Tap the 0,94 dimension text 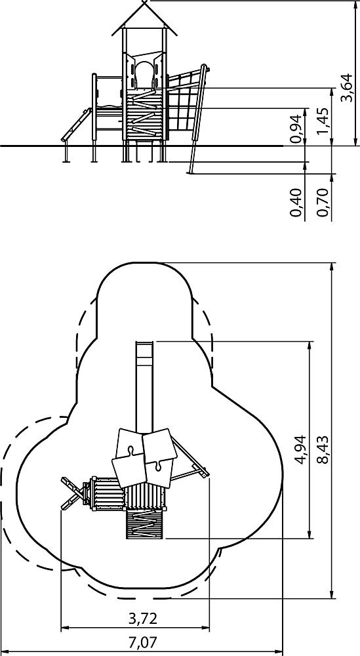296,129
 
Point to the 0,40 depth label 296,203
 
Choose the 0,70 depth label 323,203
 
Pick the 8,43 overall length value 323,450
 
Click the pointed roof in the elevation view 145,18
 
